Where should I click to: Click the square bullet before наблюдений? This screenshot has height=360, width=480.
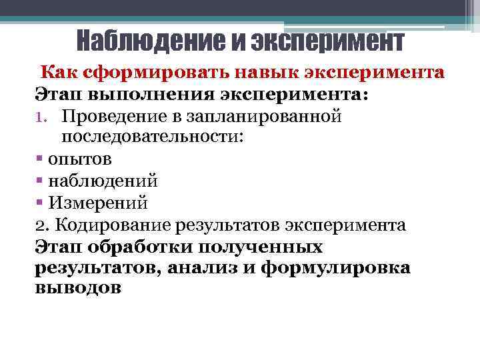click(40, 181)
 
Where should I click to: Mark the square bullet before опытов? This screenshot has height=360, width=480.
click(40, 159)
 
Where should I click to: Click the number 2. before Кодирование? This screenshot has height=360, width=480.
click(41, 225)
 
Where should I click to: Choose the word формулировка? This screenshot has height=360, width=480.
click(336, 267)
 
